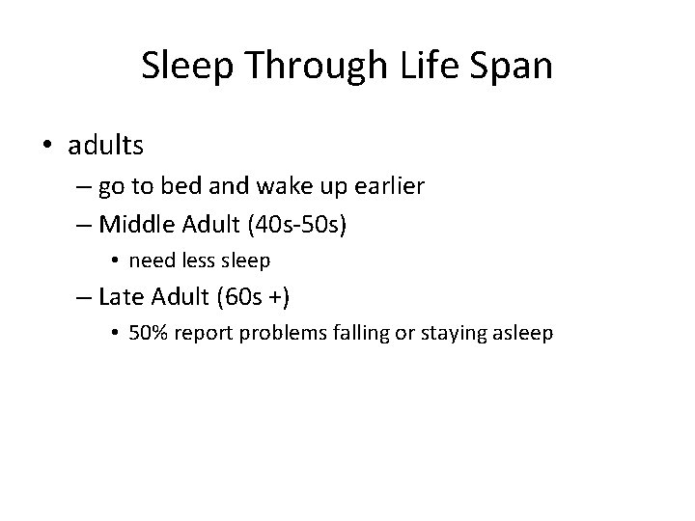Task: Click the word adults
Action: (x=106, y=146)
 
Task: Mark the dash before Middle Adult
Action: (x=83, y=225)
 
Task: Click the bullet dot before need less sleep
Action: (x=114, y=260)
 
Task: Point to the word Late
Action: (x=122, y=295)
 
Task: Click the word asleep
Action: (x=522, y=333)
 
